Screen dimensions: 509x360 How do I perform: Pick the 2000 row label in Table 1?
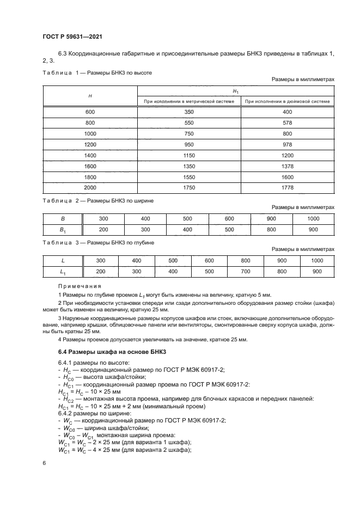point(90,188)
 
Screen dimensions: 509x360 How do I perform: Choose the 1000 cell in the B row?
point(313,218)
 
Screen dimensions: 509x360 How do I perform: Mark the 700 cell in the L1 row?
point(245,271)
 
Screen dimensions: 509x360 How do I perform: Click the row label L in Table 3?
point(63,260)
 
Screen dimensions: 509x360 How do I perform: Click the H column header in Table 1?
point(90,96)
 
